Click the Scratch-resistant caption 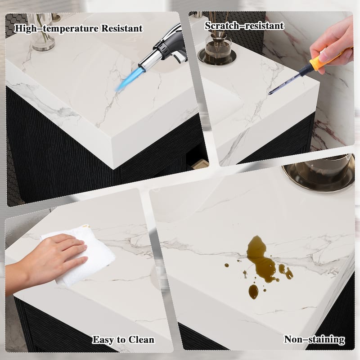click(x=244, y=26)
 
